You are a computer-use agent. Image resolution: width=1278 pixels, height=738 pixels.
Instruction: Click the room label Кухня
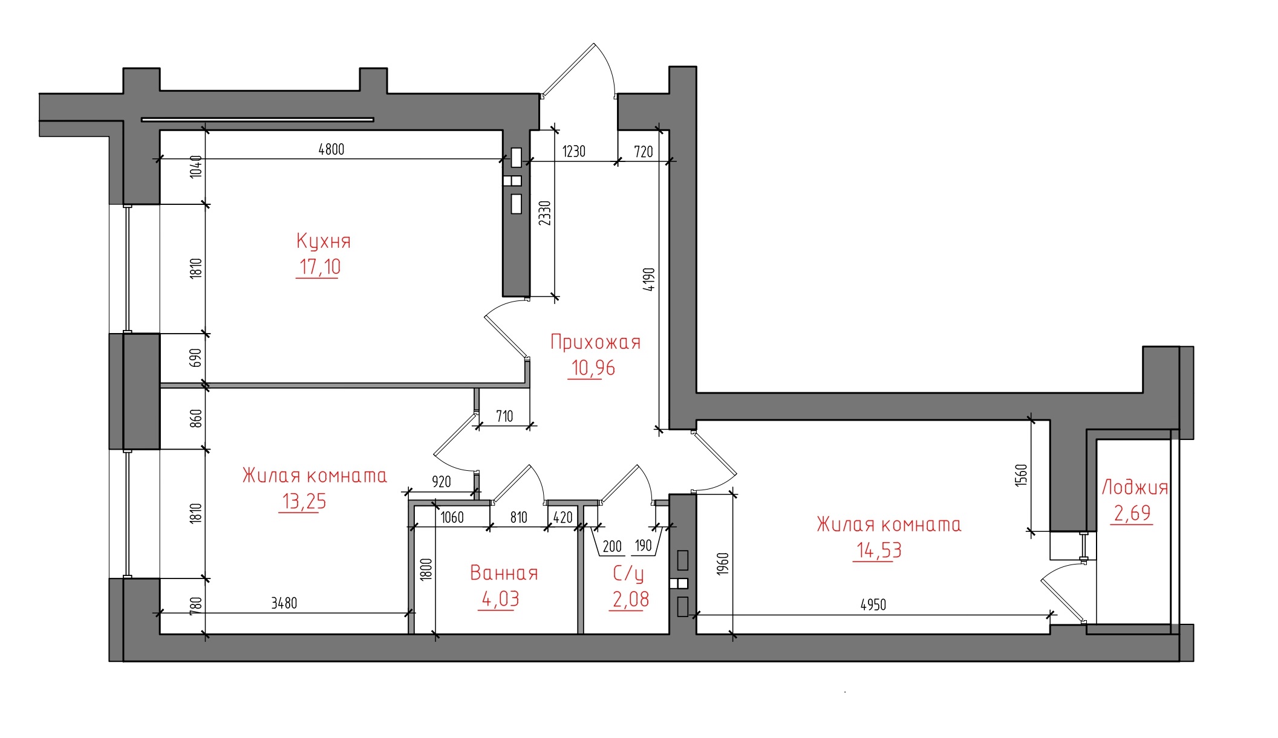(x=324, y=241)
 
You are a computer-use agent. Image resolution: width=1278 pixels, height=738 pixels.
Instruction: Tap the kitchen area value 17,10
(x=320, y=267)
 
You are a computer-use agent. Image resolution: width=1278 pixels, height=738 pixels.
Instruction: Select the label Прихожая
(x=595, y=342)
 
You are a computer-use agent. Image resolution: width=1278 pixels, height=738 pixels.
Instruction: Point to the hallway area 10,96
(x=593, y=367)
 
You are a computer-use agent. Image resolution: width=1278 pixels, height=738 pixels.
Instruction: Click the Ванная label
(x=504, y=573)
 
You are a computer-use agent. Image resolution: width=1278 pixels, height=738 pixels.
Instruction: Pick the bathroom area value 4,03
(x=500, y=598)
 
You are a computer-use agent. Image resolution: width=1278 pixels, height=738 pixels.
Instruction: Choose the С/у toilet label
(x=628, y=574)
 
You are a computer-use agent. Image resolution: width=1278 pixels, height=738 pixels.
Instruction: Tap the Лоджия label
(x=1135, y=487)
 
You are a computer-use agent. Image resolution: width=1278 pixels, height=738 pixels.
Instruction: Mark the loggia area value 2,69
(x=1132, y=513)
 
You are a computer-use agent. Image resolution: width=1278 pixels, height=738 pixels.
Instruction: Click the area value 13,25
(x=304, y=501)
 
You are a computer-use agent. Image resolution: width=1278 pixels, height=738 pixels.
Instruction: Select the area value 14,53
(x=879, y=550)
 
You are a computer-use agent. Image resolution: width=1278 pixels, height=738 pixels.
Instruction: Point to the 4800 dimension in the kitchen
(x=331, y=149)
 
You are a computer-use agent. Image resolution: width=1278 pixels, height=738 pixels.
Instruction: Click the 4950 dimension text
(x=873, y=604)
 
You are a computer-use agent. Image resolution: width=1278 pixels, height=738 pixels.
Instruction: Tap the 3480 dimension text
(x=284, y=603)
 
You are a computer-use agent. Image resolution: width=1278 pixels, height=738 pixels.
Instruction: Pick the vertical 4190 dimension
(x=648, y=279)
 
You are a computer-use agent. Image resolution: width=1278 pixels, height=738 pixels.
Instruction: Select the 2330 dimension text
(x=545, y=213)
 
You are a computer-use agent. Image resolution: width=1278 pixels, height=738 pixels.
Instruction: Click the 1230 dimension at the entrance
(x=574, y=151)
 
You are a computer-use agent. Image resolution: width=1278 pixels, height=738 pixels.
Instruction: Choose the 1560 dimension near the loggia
(x=1021, y=475)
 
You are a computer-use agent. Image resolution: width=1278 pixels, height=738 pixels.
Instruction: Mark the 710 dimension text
(x=504, y=416)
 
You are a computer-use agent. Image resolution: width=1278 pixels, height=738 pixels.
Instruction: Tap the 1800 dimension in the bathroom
(x=426, y=569)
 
